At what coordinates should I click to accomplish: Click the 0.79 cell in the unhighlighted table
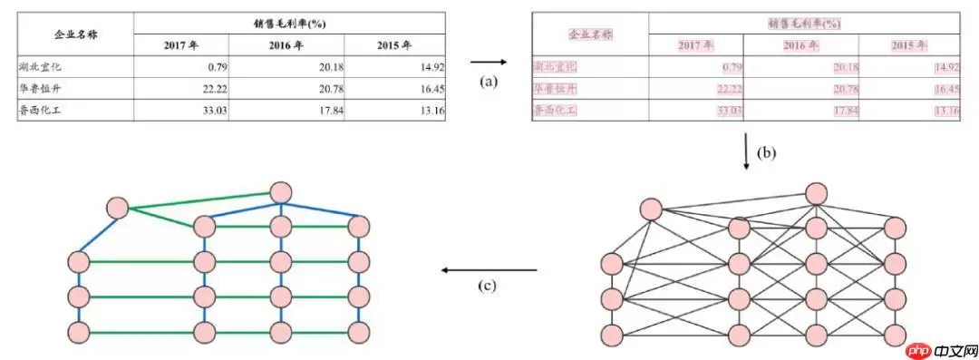click(213, 66)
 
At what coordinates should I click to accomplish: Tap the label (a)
click(489, 81)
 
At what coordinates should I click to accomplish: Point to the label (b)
click(767, 152)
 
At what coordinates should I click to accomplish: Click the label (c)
click(489, 286)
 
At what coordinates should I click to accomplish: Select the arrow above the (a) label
click(489, 63)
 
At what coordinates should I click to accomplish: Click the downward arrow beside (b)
click(746, 152)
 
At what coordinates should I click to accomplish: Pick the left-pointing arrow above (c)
click(489, 269)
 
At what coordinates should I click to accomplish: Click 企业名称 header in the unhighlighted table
click(76, 34)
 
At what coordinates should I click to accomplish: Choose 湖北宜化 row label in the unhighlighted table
click(40, 66)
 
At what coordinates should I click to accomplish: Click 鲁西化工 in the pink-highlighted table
click(555, 111)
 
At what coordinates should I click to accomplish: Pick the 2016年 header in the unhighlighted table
click(287, 45)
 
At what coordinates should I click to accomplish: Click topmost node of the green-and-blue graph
click(281, 192)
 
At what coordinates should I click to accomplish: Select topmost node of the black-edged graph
click(817, 193)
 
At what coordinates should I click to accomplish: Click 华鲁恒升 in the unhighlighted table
click(40, 88)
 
